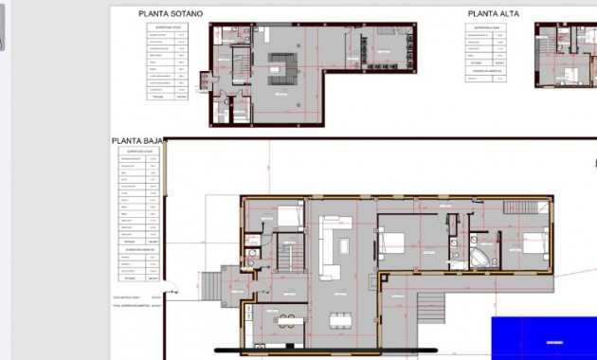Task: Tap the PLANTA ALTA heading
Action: [496, 14]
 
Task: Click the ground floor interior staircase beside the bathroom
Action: [286, 254]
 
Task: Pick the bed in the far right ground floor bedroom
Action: [532, 243]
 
